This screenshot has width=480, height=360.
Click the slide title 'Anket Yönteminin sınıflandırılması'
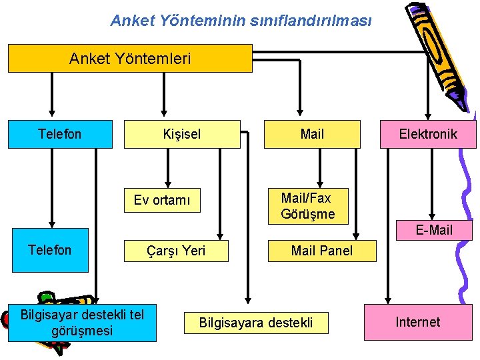pyautogui.click(x=241, y=21)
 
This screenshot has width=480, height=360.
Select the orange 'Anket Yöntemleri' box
pyautogui.click(x=130, y=59)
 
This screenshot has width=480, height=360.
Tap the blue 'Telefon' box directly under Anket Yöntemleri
pyautogui.click(x=60, y=134)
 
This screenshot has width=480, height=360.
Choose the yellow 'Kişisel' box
pyautogui.click(x=182, y=134)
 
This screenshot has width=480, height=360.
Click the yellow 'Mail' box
pyautogui.click(x=312, y=134)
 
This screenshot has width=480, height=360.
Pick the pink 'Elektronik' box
pyautogui.click(x=428, y=134)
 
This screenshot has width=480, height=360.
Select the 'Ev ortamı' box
pyautogui.click(x=162, y=200)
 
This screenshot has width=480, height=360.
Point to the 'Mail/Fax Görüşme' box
pyautogui.click(x=307, y=206)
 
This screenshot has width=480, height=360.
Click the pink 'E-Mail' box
pyautogui.click(x=434, y=230)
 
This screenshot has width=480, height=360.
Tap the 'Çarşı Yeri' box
pyautogui.click(x=176, y=251)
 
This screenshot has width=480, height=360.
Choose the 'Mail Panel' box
pyautogui.click(x=322, y=251)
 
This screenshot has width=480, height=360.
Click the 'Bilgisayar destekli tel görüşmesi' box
pyautogui.click(x=82, y=323)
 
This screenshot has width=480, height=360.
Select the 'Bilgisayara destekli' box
pyautogui.click(x=256, y=323)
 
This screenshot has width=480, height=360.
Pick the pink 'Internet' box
pyautogui.click(x=418, y=323)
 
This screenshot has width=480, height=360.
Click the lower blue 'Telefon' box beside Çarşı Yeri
pyautogui.click(x=49, y=251)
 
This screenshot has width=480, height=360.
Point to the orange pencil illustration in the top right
pyautogui.click(x=437, y=53)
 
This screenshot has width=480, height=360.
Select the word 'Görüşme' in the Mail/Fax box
pyautogui.click(x=307, y=215)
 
